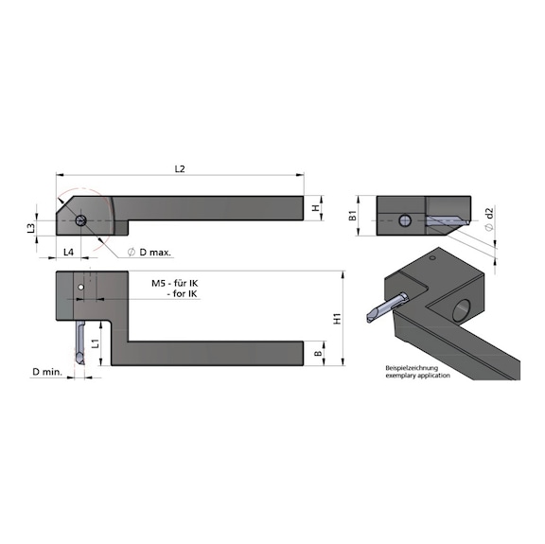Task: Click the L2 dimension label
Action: click(x=180, y=168)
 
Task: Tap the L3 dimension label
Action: click(x=31, y=227)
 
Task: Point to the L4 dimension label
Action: click(x=68, y=252)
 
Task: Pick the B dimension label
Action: click(x=317, y=354)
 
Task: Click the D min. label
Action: click(x=46, y=372)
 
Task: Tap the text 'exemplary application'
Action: click(x=417, y=376)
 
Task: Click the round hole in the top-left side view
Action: click(x=82, y=221)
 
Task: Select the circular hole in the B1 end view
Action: click(x=405, y=220)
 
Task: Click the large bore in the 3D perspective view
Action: click(x=465, y=308)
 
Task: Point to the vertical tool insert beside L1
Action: click(x=81, y=342)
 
